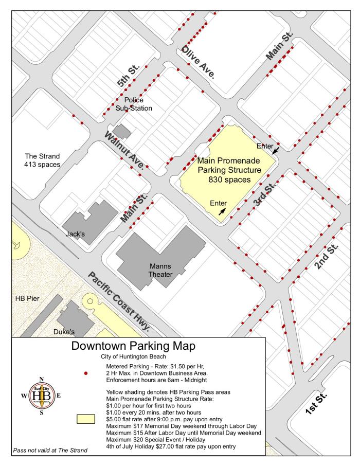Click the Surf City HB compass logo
coord(42,396)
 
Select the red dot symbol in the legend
coord(86,372)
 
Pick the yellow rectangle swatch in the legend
coord(86,418)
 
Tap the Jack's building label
coord(75,234)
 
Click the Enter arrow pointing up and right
coord(222,210)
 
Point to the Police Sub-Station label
coord(134,104)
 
